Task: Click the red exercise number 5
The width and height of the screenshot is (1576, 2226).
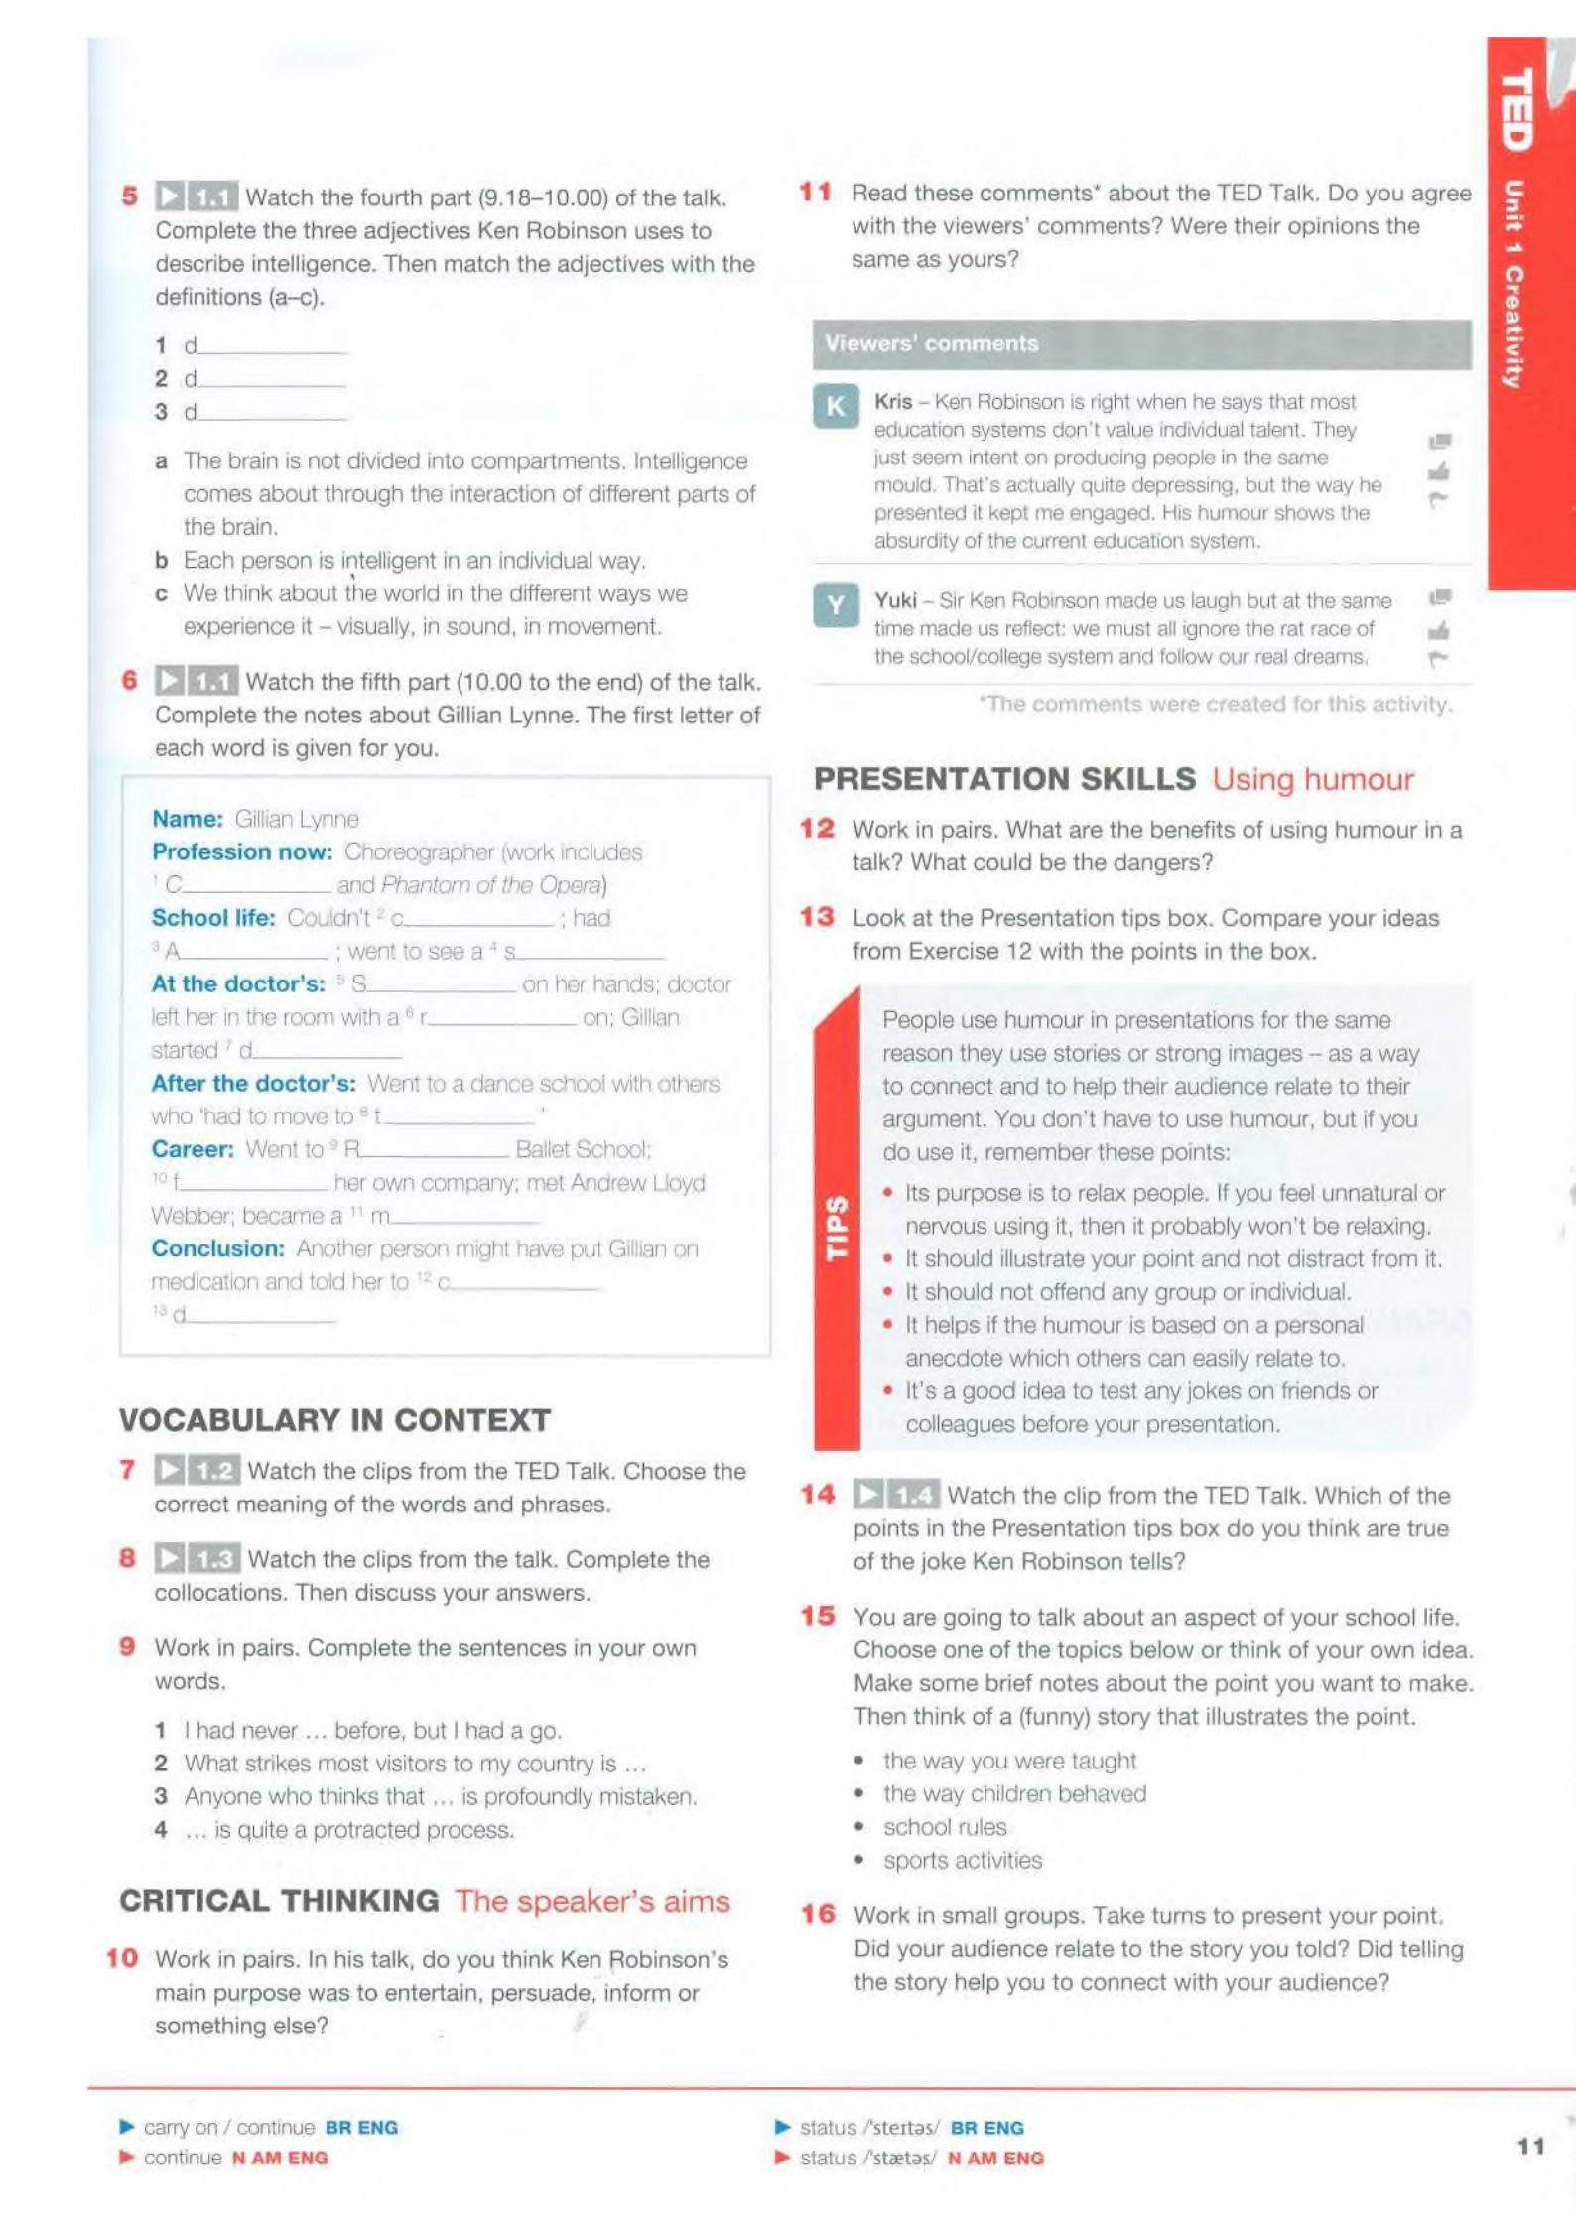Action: coord(130,196)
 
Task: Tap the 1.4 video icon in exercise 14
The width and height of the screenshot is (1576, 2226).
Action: coord(895,1494)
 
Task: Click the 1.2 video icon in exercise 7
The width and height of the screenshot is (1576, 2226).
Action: coord(197,1470)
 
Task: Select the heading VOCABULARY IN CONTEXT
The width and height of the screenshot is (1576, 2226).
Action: coord(334,1420)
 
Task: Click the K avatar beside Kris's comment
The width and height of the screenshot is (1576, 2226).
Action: coord(836,406)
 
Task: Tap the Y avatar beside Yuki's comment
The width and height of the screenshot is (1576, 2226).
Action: coord(836,605)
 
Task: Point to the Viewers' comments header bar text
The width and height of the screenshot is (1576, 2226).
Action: coord(931,343)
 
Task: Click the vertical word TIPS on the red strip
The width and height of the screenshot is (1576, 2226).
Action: coord(838,1228)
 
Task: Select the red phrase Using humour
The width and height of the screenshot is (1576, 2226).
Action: coord(1312,779)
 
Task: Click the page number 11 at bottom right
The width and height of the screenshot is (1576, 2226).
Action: coord(1530,2146)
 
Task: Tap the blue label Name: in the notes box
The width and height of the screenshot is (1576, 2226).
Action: coord(188,819)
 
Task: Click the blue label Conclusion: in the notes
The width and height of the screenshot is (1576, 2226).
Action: coord(218,1248)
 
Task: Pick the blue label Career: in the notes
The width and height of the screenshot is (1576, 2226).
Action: coord(193,1149)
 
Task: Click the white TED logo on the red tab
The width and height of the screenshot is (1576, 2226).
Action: coord(1516,109)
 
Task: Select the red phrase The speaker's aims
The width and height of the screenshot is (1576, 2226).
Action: coord(592,1900)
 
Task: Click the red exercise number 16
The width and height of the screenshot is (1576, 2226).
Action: coord(819,1914)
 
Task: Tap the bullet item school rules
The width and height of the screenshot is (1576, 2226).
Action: coord(945,1827)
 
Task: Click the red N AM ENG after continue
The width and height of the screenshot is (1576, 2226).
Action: coord(280,2158)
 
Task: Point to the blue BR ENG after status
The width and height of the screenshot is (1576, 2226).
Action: coord(986,2127)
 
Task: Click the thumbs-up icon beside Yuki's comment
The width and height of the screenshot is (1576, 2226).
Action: coord(1438,630)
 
